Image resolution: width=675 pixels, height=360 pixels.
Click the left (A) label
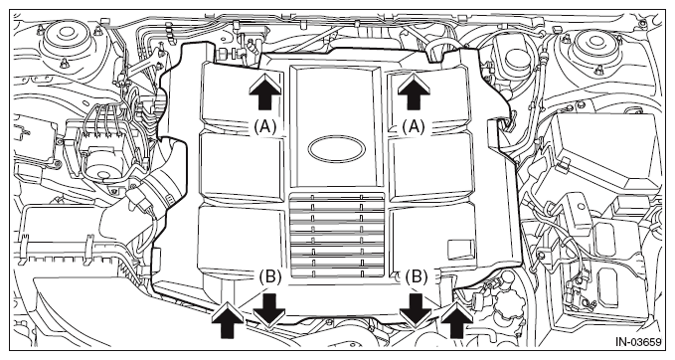[264, 127]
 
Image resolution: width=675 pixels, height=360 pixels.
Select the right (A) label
[413, 127]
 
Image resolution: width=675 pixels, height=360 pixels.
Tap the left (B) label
[270, 276]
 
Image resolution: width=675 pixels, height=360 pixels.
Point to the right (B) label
[417, 276]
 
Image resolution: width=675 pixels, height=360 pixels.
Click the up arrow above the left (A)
[264, 90]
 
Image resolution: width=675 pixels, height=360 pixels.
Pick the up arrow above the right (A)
[414, 90]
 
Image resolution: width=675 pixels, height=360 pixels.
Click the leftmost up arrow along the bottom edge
[228, 320]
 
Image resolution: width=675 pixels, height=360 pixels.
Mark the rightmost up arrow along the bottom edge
[456, 320]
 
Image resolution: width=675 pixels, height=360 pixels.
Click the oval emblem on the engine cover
[337, 149]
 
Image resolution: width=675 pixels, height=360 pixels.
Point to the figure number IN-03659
[637, 342]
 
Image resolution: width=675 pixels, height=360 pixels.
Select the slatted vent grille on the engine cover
[337, 235]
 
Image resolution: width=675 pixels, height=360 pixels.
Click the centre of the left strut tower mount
[67, 40]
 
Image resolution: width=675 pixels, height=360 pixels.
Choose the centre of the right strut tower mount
[595, 41]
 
